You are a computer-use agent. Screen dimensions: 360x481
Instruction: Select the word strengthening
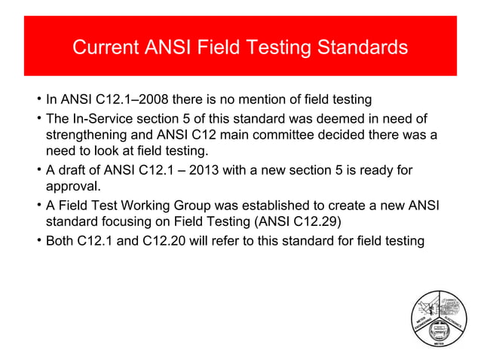pos(88,135)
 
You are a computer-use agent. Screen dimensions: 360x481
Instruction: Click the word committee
pos(308,135)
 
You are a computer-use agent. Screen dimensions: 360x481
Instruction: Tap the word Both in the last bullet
pos(61,242)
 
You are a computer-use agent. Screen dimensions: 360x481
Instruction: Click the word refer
pos(237,242)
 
